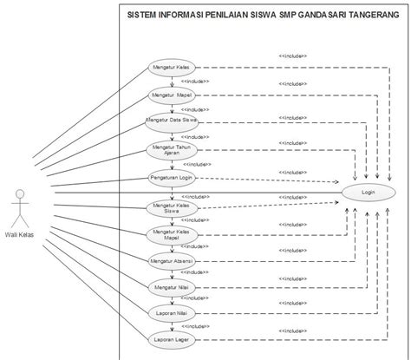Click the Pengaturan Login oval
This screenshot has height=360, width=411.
pyautogui.click(x=170, y=178)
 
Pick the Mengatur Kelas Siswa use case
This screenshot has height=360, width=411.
pyautogui.click(x=170, y=206)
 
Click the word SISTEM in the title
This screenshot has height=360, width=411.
pyautogui.click(x=143, y=15)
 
